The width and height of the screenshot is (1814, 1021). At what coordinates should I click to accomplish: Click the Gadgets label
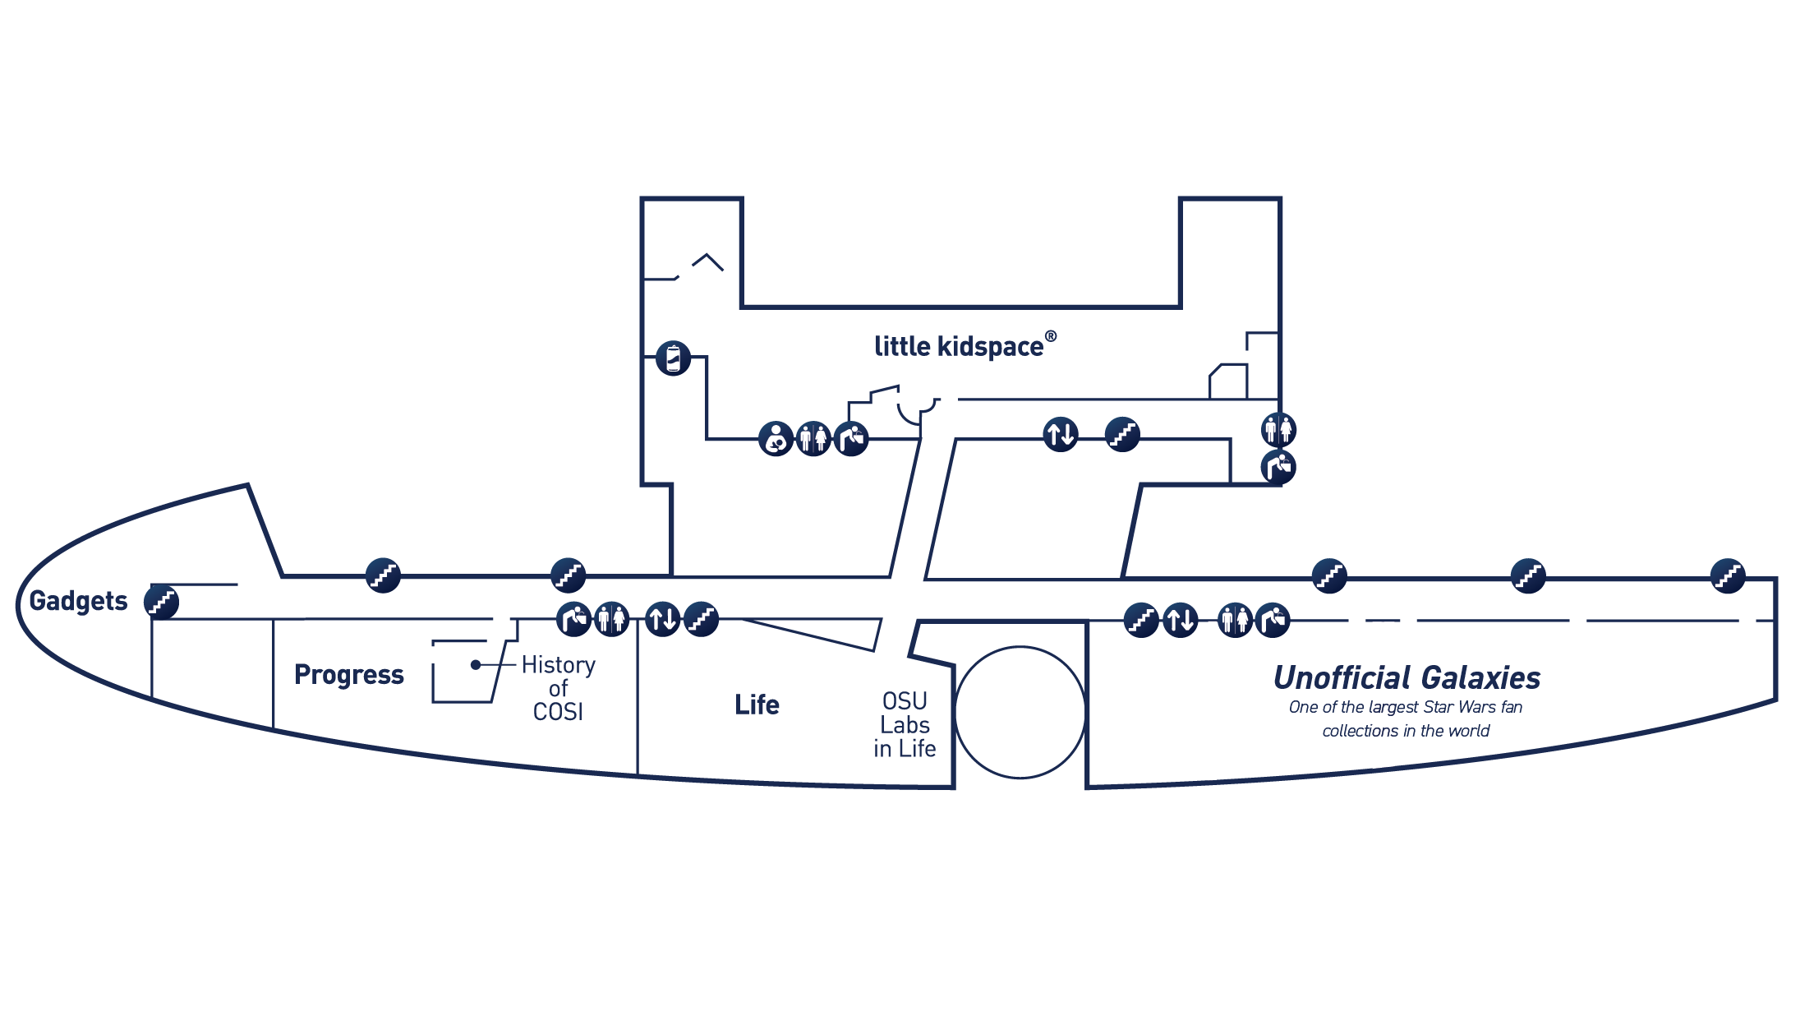click(78, 602)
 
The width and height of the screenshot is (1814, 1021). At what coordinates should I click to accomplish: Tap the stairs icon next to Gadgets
click(162, 602)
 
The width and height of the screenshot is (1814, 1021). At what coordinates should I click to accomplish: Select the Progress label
click(349, 675)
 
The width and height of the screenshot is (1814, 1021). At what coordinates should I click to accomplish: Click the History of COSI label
click(559, 688)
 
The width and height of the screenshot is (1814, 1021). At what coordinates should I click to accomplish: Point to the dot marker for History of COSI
click(476, 664)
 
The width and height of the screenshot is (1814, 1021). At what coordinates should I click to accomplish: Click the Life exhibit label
click(757, 705)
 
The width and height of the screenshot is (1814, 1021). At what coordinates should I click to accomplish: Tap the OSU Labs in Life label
click(905, 724)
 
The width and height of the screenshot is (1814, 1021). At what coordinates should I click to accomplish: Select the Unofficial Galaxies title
click(1407, 678)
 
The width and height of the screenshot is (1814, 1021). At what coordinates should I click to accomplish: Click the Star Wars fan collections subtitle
click(1406, 718)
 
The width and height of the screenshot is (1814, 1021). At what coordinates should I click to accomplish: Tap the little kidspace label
click(959, 346)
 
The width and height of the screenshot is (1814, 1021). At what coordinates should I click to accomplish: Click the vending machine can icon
click(674, 358)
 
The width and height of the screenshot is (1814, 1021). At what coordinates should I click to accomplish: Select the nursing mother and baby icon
click(776, 438)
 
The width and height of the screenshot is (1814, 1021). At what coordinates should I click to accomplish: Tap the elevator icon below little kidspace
click(1061, 434)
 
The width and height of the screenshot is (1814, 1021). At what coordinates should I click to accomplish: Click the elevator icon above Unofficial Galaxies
click(1181, 620)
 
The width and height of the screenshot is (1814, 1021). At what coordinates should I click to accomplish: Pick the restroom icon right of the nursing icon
click(813, 438)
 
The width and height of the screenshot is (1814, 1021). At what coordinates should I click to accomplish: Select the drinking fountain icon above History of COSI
click(573, 619)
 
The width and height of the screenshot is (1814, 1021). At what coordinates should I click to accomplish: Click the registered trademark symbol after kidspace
click(1051, 336)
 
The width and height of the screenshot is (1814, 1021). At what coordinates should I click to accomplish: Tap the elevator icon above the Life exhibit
click(662, 619)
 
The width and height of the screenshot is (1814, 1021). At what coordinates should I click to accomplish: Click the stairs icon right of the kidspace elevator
click(1122, 434)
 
